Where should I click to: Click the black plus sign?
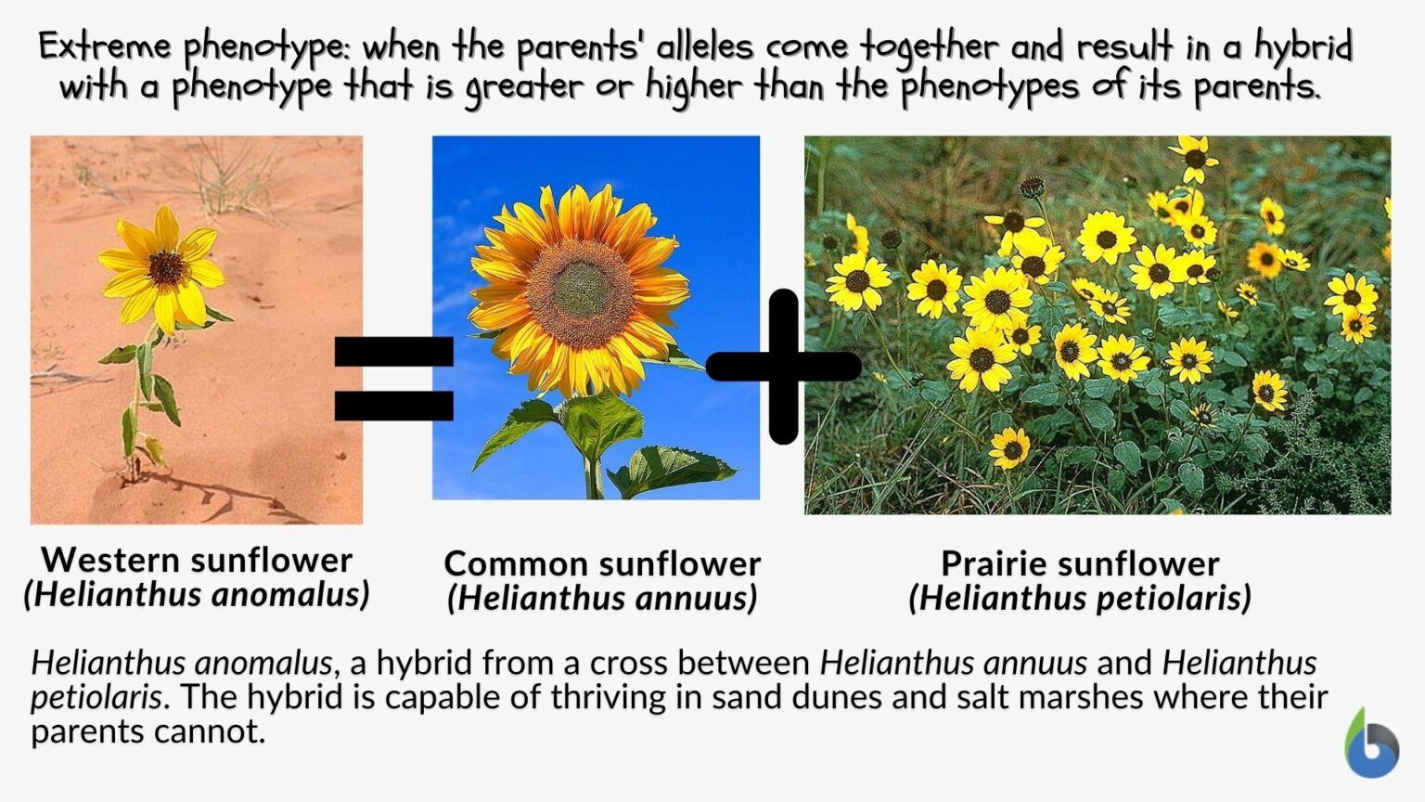coord(784,367)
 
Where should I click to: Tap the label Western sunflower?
coord(197,560)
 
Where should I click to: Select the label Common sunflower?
coord(602,563)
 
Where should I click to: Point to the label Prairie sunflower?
coord(1080,563)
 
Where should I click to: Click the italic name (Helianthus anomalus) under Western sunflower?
coord(197,594)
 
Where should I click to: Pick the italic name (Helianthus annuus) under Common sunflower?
coord(602,598)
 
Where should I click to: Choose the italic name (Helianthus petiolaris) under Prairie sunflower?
coord(1080,598)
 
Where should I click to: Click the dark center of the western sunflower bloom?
coord(166,268)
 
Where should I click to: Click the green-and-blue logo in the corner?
coord(1372,744)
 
